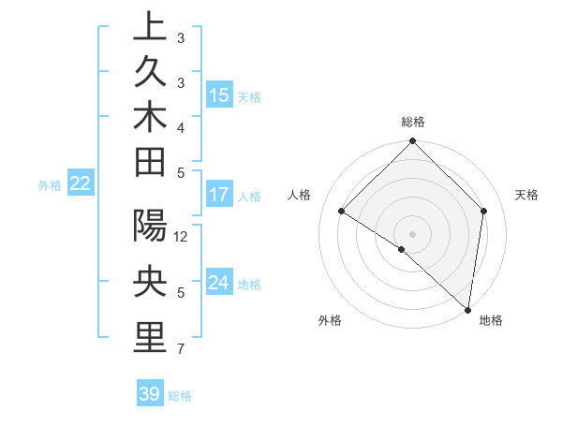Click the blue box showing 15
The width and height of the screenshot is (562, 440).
coord(218,95)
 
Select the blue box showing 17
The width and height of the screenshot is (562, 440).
coord(218,196)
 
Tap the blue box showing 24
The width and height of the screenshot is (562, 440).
coord(218,283)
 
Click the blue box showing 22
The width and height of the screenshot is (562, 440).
coord(80,184)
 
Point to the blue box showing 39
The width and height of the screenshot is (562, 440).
coord(150,394)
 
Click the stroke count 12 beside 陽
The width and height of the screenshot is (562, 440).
coord(181,236)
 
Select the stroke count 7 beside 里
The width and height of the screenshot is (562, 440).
coord(181,349)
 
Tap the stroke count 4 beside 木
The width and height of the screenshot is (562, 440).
coord(181,126)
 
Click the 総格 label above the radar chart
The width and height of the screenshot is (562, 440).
coord(413,122)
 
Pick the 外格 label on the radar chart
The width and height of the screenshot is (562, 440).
coord(330,320)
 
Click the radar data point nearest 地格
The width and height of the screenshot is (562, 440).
coord(467,309)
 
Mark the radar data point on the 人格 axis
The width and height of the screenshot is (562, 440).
coord(342,212)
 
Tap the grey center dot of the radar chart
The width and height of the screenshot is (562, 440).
coord(413,233)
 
